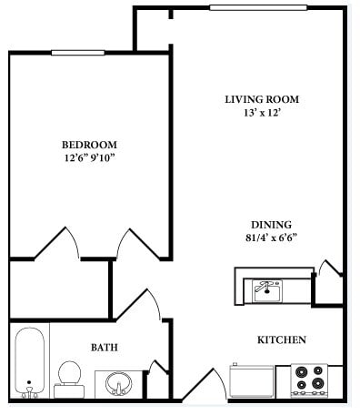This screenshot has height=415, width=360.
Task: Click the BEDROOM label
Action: pyautogui.click(x=89, y=145)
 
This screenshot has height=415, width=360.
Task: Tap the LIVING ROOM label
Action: pyautogui.click(x=262, y=99)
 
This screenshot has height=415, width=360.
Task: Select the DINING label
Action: pyautogui.click(x=271, y=225)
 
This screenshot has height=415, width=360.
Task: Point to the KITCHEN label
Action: pyautogui.click(x=281, y=339)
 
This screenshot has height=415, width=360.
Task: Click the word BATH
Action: pyautogui.click(x=103, y=347)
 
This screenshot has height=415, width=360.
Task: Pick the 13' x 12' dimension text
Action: pyautogui.click(x=262, y=114)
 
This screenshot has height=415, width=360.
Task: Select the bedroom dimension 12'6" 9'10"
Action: pyautogui.click(x=89, y=158)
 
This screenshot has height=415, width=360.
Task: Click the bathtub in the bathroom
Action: pyautogui.click(x=31, y=362)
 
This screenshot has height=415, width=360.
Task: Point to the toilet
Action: pyautogui.click(x=69, y=378)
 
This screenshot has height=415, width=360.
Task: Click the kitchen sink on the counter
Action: pyautogui.click(x=265, y=290)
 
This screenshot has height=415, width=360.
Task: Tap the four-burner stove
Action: pyautogui.click(x=308, y=380)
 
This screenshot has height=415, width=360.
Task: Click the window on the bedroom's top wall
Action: pyautogui.click(x=76, y=53)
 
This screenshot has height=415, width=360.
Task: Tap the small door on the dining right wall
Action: pyautogui.click(x=329, y=267)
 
